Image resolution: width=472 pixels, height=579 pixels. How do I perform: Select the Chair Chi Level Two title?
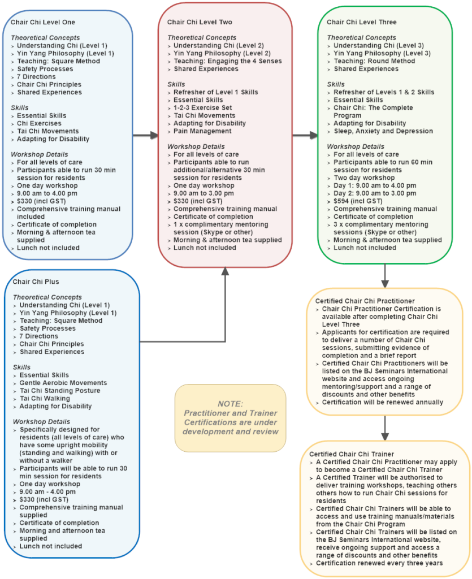200,22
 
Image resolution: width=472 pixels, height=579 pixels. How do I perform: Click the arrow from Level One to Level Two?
145,136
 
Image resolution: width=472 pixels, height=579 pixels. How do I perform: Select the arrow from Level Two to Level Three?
305,136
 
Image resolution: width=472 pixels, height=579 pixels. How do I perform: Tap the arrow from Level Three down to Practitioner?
385,276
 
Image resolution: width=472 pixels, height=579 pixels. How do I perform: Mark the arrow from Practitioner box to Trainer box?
385,429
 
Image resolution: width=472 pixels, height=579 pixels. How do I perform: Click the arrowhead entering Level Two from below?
225,272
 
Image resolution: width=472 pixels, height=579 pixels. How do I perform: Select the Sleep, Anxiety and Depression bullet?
383,131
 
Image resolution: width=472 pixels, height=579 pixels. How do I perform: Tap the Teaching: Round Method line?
374,61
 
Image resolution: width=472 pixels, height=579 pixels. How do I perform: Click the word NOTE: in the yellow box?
230,404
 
